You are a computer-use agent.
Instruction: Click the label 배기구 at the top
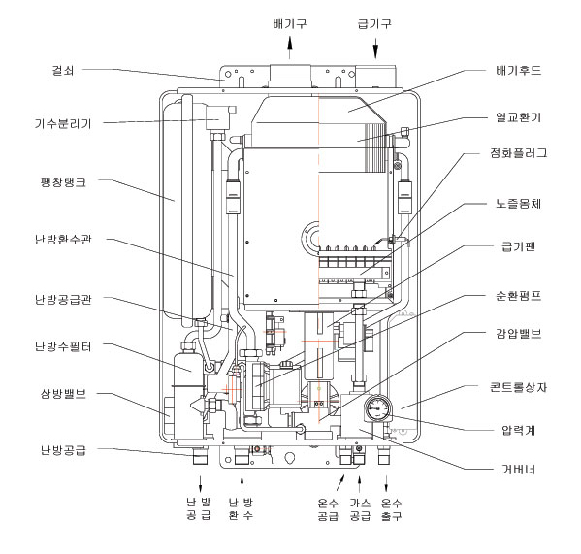(290, 24)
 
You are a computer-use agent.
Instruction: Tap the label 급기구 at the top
(374, 24)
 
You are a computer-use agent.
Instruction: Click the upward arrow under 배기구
(290, 48)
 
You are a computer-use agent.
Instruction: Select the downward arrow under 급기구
(375, 48)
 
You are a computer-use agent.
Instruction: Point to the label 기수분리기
(63, 123)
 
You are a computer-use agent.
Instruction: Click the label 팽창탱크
(63, 182)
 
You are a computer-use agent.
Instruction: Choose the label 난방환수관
(63, 240)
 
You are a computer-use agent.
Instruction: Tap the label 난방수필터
(63, 346)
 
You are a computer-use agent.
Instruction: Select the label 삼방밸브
(63, 393)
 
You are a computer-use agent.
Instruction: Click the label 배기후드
(518, 71)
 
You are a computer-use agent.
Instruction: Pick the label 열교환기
(518, 117)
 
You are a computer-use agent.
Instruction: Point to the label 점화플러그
(518, 153)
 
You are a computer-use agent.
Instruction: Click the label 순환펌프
(518, 296)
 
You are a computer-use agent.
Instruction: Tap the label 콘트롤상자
(518, 388)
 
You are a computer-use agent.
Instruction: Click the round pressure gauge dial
(377, 408)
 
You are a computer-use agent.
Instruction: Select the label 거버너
(518, 470)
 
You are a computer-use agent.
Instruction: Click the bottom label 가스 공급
(360, 509)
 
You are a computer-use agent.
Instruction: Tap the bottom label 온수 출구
(391, 509)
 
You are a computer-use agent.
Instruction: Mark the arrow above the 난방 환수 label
(242, 484)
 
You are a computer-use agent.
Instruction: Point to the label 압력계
(518, 430)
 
